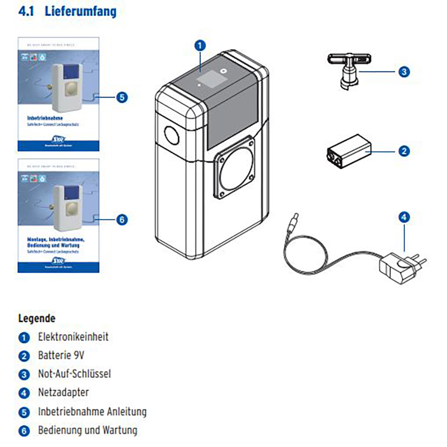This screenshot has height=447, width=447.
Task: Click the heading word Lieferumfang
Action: (x=80, y=11)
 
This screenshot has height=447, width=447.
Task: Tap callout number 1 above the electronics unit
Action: (x=200, y=45)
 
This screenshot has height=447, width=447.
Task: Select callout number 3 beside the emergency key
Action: (x=404, y=72)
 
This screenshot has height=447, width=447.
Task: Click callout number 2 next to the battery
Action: (x=404, y=151)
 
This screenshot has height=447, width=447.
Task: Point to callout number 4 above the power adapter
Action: (x=404, y=218)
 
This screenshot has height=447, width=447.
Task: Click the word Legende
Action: (x=37, y=319)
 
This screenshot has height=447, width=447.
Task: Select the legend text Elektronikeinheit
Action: (x=73, y=336)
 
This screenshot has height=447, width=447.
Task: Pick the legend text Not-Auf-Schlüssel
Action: (x=74, y=374)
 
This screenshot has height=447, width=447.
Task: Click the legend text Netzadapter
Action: (x=63, y=392)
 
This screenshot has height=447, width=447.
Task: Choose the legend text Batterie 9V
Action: (x=61, y=355)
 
